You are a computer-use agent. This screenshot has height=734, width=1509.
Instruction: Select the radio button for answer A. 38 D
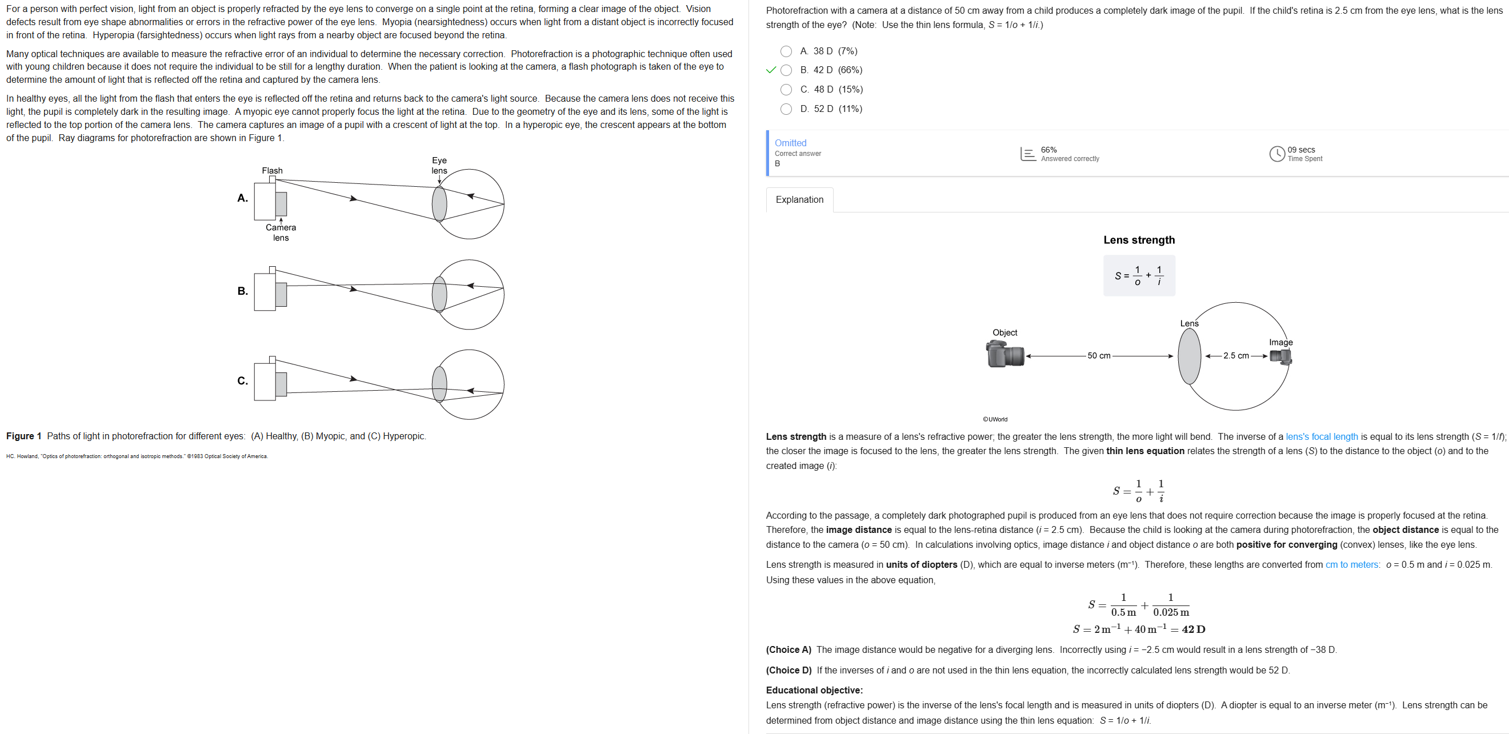(786, 51)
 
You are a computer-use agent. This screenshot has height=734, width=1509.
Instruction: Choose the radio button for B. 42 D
(786, 70)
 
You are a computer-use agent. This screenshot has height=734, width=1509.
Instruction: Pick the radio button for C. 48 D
(786, 90)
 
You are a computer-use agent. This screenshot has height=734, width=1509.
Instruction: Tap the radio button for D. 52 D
(786, 109)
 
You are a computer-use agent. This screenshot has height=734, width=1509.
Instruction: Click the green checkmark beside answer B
(771, 70)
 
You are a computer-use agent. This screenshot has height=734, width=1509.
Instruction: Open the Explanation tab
(799, 200)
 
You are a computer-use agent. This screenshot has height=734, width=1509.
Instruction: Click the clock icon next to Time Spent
(1277, 154)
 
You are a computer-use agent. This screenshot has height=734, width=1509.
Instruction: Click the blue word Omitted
(790, 143)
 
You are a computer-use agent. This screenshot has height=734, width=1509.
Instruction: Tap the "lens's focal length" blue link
(1322, 436)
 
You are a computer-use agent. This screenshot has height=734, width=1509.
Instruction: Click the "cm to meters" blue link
(1352, 565)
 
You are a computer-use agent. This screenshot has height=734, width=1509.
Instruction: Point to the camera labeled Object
(1005, 354)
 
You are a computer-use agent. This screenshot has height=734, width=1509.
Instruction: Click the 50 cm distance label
(1099, 356)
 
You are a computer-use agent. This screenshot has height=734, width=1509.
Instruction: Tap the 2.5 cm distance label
(1236, 356)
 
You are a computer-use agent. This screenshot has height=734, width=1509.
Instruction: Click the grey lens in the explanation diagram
(1189, 356)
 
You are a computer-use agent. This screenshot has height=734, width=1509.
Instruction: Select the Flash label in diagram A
(273, 170)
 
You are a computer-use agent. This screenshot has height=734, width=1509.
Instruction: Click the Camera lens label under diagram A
(281, 232)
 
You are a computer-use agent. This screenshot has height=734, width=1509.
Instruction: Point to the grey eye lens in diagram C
(439, 384)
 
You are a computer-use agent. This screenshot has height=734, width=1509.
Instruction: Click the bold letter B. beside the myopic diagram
(242, 291)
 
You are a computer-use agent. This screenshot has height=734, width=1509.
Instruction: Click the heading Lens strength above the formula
(1139, 240)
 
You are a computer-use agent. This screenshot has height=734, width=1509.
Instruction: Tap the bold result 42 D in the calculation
(1193, 629)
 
